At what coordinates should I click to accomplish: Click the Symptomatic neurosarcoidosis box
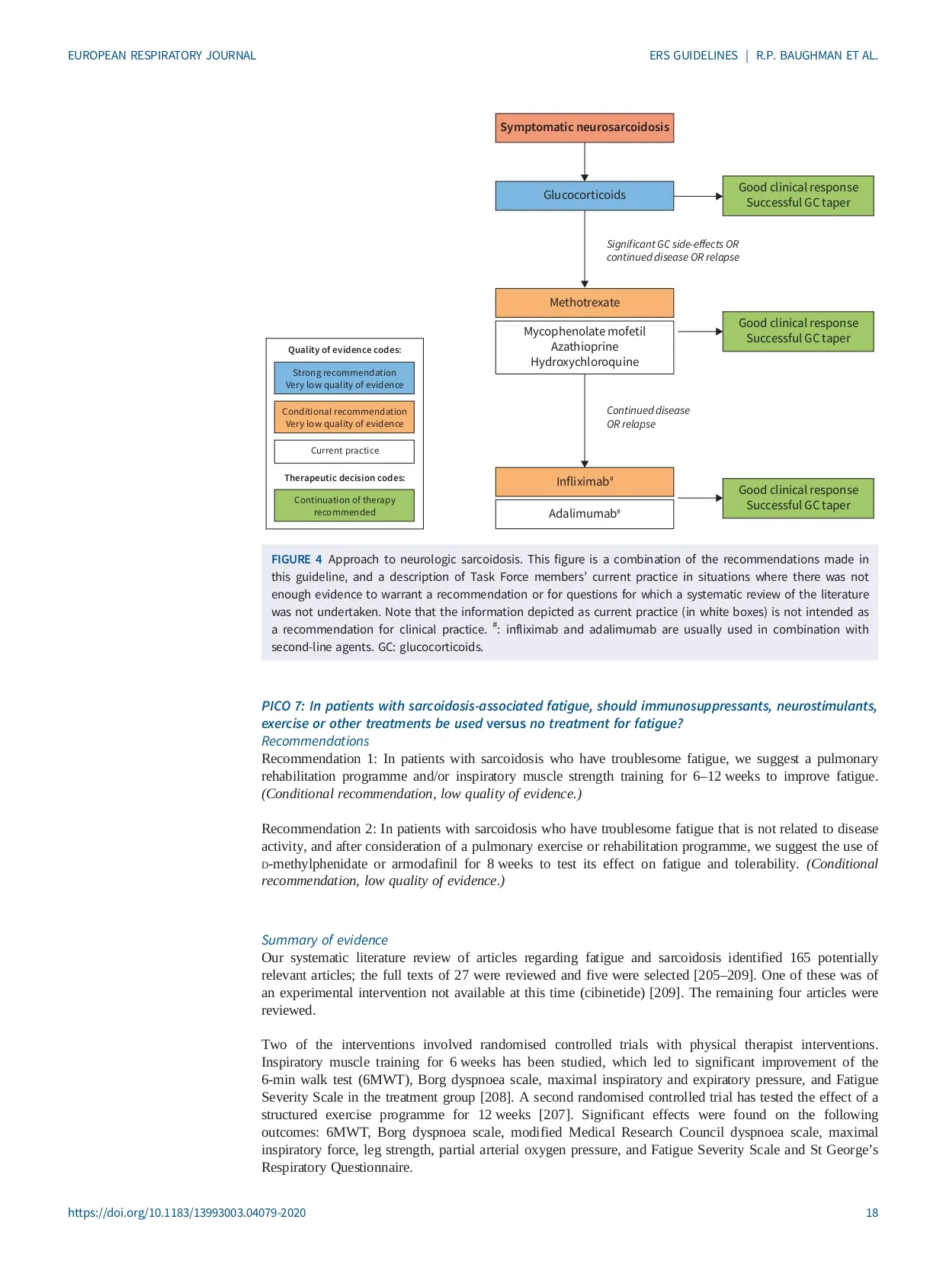(x=584, y=127)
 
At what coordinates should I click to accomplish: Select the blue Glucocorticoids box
(x=584, y=195)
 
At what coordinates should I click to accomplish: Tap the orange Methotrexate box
(x=584, y=303)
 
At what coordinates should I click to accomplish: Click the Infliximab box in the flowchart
(x=584, y=482)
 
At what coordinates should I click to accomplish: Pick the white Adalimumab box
(x=584, y=514)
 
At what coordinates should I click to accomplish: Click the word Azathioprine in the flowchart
(x=584, y=347)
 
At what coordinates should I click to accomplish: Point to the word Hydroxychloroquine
(x=584, y=362)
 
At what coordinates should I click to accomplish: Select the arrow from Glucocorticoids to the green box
(x=697, y=196)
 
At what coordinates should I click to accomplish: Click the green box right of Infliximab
(x=797, y=498)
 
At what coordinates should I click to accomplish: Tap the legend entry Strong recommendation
(x=344, y=378)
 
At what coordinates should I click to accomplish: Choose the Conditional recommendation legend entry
(x=344, y=417)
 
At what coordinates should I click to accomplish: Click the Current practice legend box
(x=344, y=451)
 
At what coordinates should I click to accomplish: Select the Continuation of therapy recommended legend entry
(x=344, y=505)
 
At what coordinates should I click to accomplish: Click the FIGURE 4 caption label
(x=297, y=559)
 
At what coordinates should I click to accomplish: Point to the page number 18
(x=871, y=1212)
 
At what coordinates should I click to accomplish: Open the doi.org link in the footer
(x=187, y=1212)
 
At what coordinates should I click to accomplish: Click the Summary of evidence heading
(x=324, y=940)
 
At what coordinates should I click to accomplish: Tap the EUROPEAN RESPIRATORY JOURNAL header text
(x=162, y=56)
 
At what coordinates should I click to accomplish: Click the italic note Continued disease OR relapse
(x=647, y=417)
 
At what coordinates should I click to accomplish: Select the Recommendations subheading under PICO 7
(x=315, y=741)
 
